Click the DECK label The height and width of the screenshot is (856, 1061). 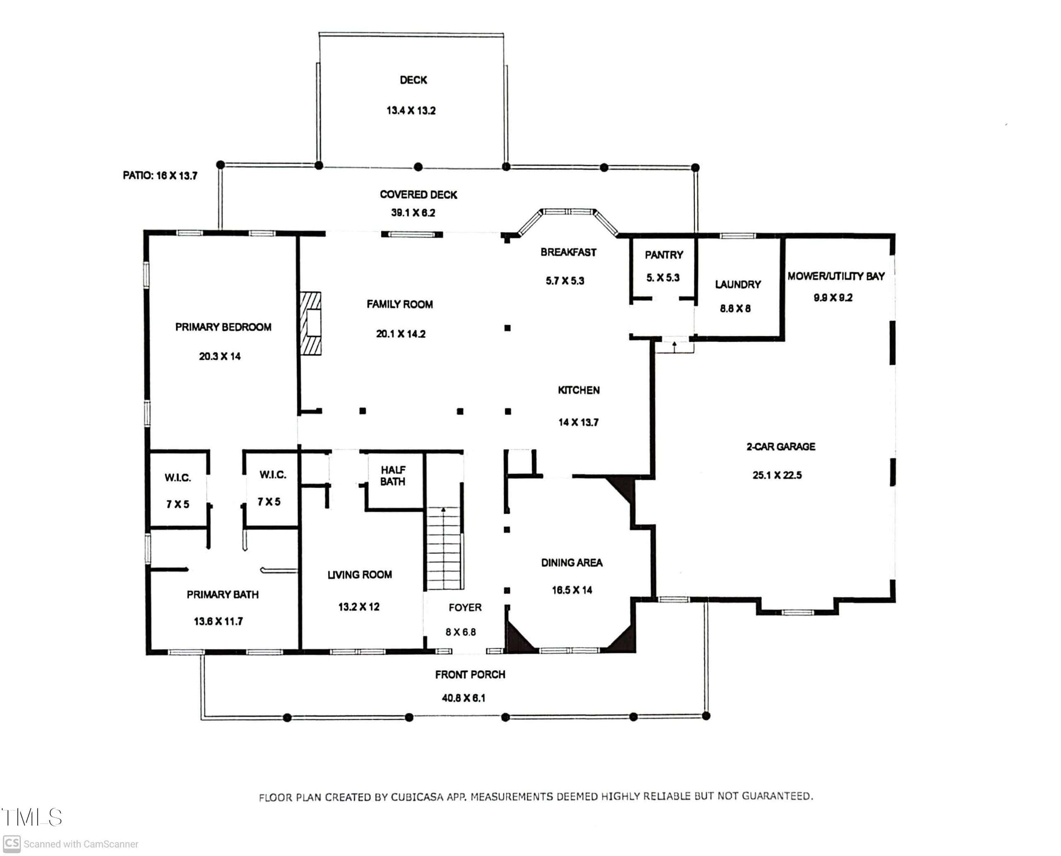[413, 80]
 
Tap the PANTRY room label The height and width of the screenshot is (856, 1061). [664, 255]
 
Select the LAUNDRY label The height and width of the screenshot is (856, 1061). [738, 285]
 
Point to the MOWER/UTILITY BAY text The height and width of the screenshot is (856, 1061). [836, 276]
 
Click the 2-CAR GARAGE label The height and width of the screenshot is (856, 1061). [780, 447]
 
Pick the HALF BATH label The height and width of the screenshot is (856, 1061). [393, 476]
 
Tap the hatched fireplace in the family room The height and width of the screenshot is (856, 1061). [310, 323]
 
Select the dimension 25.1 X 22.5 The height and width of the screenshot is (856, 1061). [777, 475]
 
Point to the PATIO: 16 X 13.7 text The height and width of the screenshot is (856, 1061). [160, 175]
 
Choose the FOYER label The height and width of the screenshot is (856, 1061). [465, 608]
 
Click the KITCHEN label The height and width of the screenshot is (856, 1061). [579, 390]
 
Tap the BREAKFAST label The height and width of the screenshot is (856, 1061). [568, 252]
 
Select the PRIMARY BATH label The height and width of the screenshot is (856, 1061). [222, 595]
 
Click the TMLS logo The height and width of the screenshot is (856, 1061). [31, 817]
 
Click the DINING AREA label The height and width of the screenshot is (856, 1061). [572, 563]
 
